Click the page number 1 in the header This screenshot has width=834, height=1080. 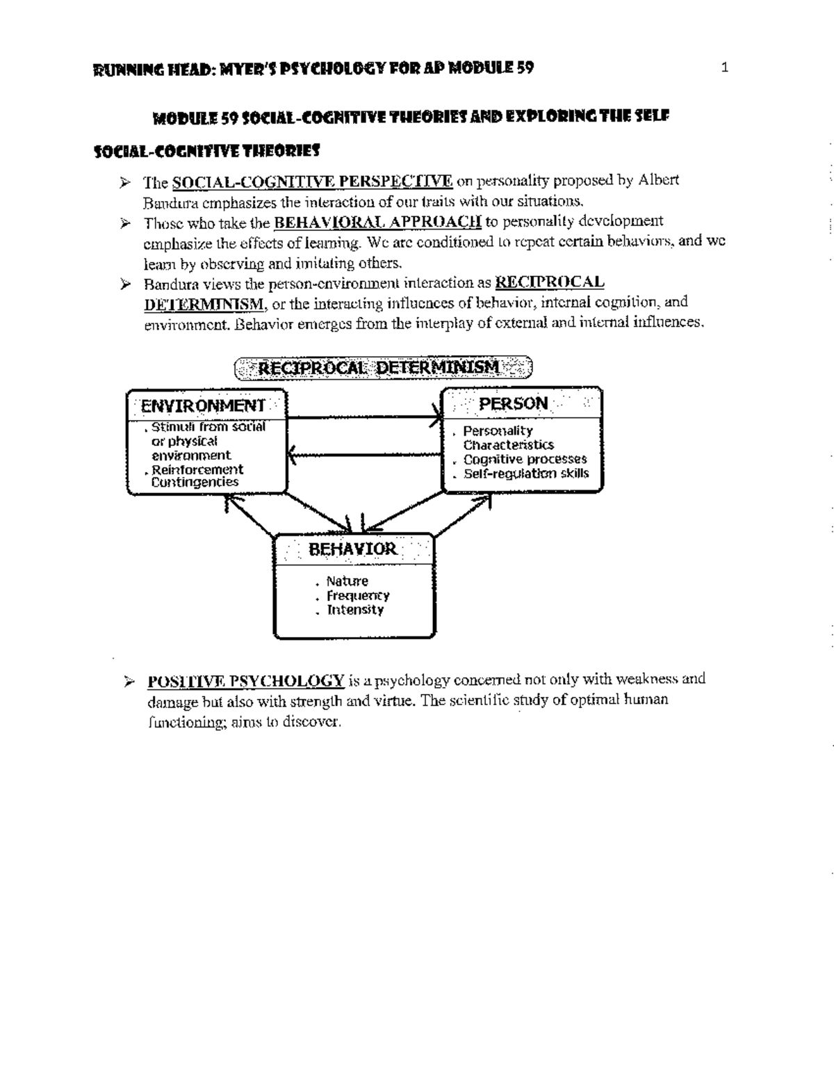pos(724,67)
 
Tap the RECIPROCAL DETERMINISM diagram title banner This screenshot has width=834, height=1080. pos(384,366)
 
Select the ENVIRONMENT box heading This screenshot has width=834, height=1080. pos(203,405)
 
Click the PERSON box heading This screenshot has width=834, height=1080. pos(514,403)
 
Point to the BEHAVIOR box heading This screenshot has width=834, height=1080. pos(352,549)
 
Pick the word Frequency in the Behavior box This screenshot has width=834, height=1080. pos(358,595)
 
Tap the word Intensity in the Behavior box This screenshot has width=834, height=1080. pos(355,610)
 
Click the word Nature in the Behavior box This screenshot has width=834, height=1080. pos(347,581)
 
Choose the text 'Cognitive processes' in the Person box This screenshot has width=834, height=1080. pos(525,459)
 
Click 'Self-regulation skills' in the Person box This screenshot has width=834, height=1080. pos(526,474)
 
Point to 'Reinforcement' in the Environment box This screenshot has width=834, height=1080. pos(197,469)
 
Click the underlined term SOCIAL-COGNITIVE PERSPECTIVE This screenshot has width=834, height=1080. pos(312,182)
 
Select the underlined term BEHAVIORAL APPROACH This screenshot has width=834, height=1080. pos(378,222)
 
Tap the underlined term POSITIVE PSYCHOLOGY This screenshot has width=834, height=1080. pos(245,679)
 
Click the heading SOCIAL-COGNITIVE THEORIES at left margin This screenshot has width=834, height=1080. pos(206,150)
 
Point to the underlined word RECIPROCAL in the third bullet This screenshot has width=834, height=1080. pos(549,282)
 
